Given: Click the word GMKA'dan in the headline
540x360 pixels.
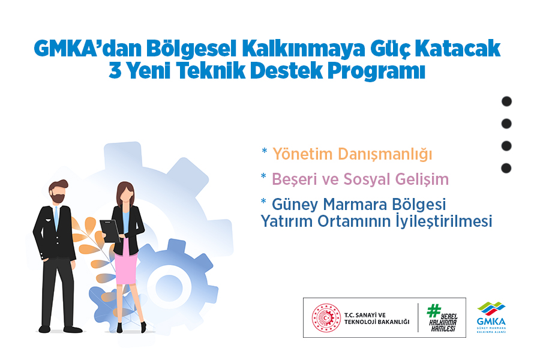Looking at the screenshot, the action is coord(88,48).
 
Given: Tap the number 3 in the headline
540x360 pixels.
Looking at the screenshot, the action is coord(115,71).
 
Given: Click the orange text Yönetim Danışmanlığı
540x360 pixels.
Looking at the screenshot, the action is coord(352,154).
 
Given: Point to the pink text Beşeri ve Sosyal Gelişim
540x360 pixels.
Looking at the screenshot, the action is coord(360,179).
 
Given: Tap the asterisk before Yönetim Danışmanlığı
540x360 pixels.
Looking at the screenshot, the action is coord(264,151).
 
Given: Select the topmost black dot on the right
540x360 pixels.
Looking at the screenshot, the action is coord(506,101).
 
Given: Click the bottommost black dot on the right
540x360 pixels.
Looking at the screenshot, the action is coord(506,168).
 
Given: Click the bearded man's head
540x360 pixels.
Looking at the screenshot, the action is coord(58,191).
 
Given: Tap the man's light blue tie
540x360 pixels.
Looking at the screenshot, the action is coord(56,218).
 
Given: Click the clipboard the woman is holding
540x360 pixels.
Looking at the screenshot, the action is coord(110,231).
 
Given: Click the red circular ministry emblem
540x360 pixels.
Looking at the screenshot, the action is coord(326,317).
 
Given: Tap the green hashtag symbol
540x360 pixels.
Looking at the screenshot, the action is coord(434,310).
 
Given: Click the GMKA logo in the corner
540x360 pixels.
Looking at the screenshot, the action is coord(491,317).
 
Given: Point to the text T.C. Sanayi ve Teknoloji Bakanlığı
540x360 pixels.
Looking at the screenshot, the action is coord(377,319).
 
